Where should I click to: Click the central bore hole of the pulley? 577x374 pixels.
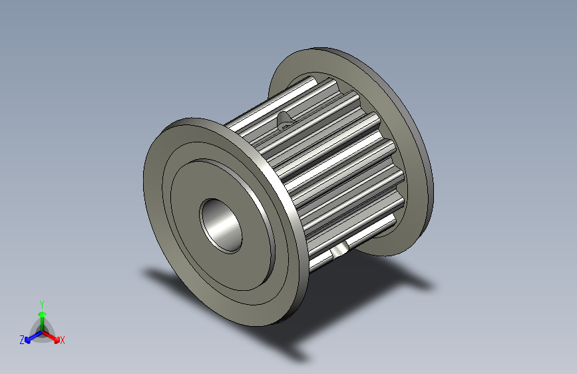pyautogui.click(x=222, y=225)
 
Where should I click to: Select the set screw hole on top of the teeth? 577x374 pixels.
pyautogui.click(x=285, y=120)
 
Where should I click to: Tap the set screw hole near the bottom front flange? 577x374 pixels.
pyautogui.click(x=339, y=250)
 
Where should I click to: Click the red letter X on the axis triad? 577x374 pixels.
pyautogui.click(x=63, y=340)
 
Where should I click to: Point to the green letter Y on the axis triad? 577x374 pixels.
pyautogui.click(x=42, y=303)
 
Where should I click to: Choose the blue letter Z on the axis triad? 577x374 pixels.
pyautogui.click(x=22, y=339)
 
